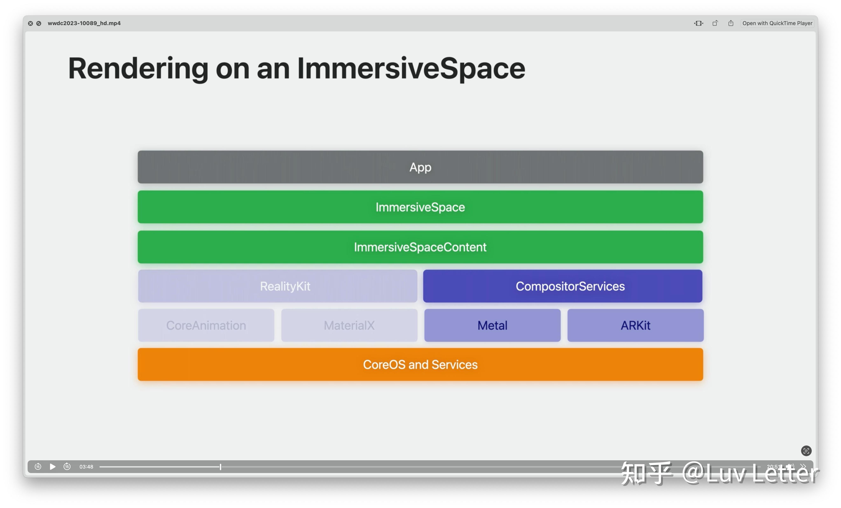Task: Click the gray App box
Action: [420, 167]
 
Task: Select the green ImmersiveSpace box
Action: [420, 207]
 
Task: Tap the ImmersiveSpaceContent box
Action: [420, 247]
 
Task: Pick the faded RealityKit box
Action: [278, 286]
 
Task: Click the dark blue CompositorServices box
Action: [563, 286]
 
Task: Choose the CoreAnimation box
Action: [206, 325]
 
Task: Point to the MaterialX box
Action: [349, 325]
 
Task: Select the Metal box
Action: [492, 325]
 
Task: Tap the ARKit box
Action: [635, 325]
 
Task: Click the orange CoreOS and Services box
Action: [420, 364]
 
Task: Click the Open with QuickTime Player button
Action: [777, 23]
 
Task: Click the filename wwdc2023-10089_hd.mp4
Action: [84, 23]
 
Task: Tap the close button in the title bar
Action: [30, 23]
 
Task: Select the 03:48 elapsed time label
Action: [86, 467]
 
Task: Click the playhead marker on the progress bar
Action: [221, 467]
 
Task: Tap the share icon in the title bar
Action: [731, 23]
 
